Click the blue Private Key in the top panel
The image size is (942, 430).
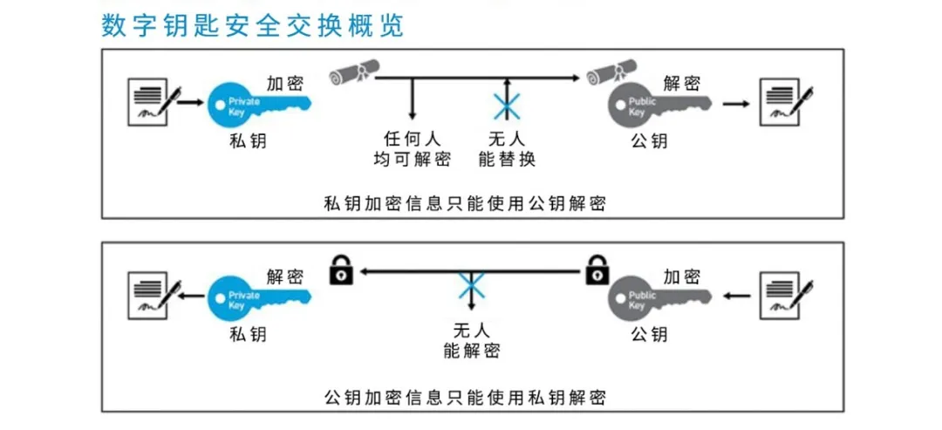257,105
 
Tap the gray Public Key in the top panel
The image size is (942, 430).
658,105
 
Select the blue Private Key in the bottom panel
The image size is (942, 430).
257,297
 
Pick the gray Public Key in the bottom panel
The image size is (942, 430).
658,297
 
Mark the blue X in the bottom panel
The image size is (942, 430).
472,284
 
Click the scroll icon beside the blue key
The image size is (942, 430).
352,73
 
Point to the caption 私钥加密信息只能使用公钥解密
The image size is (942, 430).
463,204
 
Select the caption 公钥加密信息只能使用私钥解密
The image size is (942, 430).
463,398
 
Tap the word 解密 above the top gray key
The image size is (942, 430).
681,84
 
